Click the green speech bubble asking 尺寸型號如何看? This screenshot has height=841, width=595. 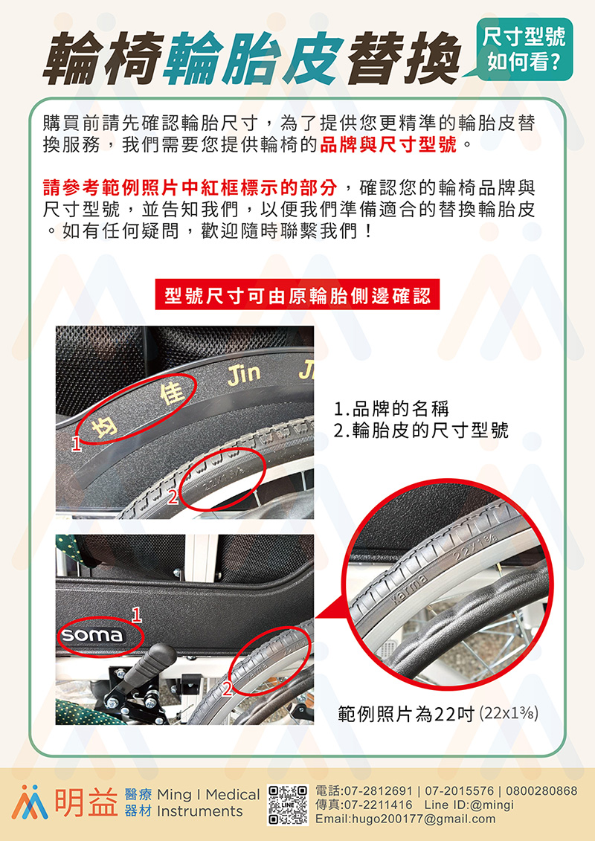point(523,49)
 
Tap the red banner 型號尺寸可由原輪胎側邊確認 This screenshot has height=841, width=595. point(297,294)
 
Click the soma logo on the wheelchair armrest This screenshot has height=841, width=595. point(91,634)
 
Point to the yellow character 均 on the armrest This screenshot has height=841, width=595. point(101,429)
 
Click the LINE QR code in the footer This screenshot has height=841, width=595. point(288,805)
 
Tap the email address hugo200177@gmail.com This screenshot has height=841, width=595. point(405,819)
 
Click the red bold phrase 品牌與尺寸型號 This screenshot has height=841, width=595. point(388,145)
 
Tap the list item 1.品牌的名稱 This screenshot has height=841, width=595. point(391,409)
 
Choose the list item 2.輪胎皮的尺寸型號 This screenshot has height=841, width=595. point(421,430)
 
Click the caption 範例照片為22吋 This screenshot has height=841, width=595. point(406,714)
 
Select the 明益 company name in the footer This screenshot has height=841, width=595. point(86,803)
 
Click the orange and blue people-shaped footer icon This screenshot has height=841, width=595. point(30,802)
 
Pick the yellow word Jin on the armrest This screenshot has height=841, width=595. point(244,374)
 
